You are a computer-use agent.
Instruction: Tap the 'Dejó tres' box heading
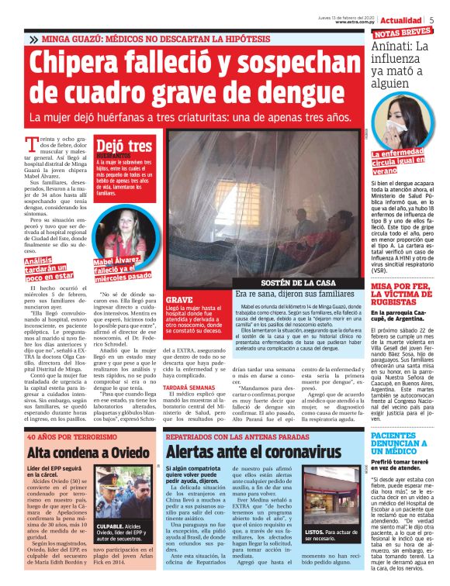pyautogui.click(x=124, y=145)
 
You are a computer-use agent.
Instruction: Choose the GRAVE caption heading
pyautogui.click(x=179, y=298)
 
